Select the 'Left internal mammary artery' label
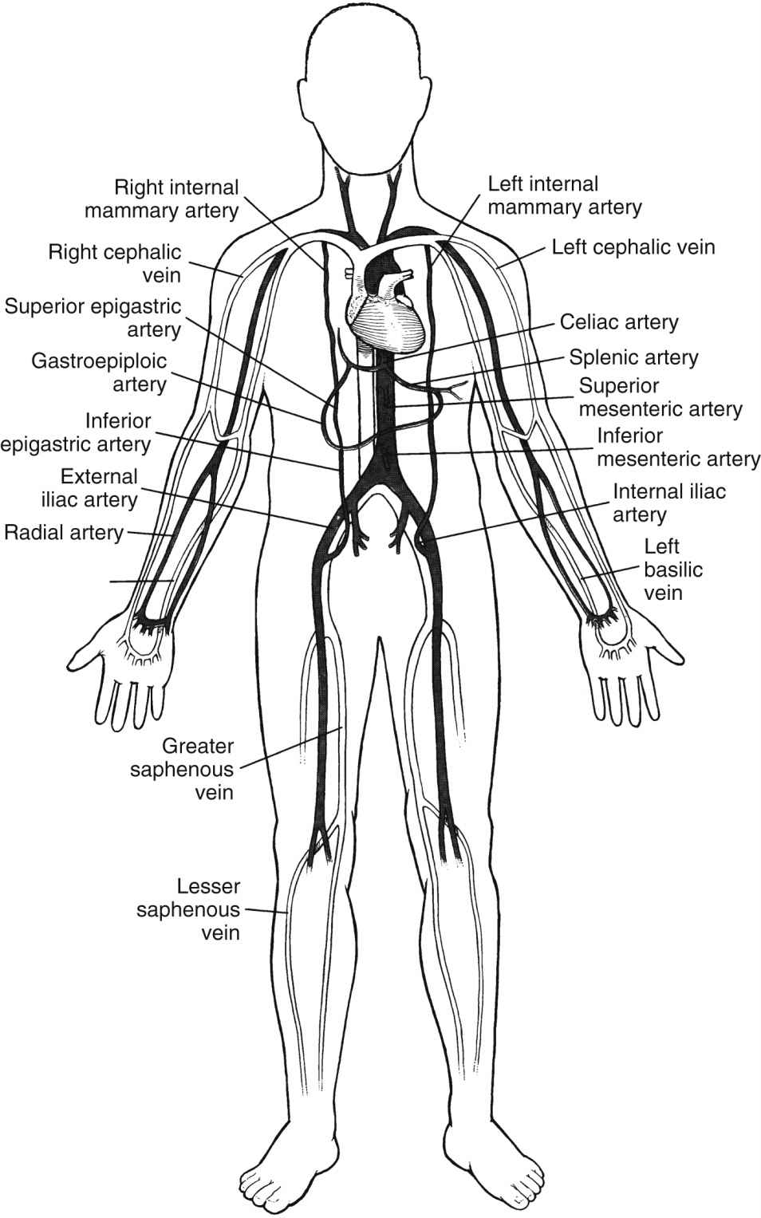565,195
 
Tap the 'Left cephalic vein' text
633,246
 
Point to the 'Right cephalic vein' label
116,263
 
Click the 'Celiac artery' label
619,322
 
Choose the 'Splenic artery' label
633,357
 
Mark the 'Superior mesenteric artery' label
660,397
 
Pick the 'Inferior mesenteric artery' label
677,447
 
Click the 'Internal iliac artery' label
668,502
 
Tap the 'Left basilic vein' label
662,570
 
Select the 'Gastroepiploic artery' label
99,372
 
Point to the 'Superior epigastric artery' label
93,317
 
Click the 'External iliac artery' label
89,488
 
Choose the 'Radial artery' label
64,532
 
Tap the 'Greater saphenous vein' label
197,769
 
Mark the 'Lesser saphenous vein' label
188,909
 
